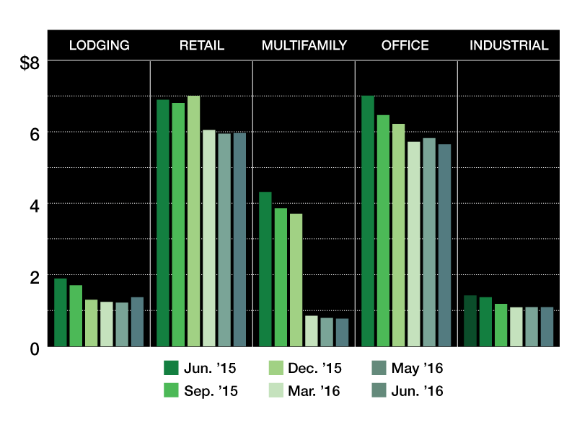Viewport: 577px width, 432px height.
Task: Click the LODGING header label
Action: click(100, 45)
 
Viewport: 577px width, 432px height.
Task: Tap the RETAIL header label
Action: click(202, 45)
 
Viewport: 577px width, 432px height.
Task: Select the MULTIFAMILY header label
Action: click(304, 45)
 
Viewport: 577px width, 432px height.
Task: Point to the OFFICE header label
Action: click(405, 45)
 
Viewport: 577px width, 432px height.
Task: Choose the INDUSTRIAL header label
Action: click(509, 45)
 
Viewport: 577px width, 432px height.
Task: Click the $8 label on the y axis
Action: click(30, 63)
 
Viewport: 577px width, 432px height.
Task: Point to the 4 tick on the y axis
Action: click(34, 207)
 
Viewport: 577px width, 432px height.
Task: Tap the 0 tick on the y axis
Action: click(34, 349)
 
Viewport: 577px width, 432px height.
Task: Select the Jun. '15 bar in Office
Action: click(368, 221)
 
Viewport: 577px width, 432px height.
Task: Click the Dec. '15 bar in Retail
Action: click(193, 221)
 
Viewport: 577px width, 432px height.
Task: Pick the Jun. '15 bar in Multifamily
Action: click(265, 269)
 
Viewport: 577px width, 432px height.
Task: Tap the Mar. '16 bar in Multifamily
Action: click(312, 331)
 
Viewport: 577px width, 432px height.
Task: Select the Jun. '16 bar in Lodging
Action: click(137, 322)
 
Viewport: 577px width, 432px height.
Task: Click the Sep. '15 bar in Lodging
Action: click(76, 316)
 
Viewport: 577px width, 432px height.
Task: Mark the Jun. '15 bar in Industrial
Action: click(470, 321)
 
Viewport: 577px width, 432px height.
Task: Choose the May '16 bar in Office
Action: click(429, 243)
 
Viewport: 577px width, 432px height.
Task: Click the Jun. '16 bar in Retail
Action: click(239, 240)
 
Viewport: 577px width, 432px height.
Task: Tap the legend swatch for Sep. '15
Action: click(171, 390)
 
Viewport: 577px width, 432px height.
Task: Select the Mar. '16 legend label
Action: click(314, 391)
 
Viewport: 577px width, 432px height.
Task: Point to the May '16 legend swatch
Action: click(379, 368)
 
